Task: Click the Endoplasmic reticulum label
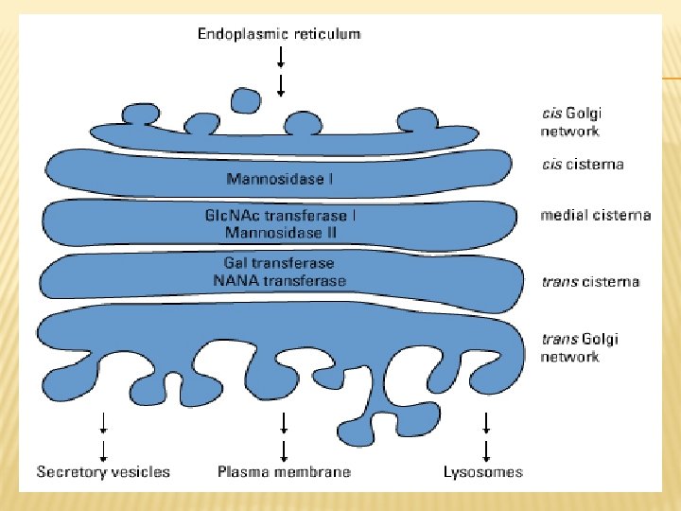pos(279,34)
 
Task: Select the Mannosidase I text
pos(281,177)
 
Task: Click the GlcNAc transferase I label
pos(280,215)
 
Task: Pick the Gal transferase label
pos(279,263)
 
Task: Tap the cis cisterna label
pos(582,165)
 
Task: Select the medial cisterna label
pos(595,216)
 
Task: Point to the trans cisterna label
pos(590,282)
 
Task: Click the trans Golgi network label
pos(579,347)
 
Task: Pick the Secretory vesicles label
pos(103,471)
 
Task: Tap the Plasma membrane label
pos(284,471)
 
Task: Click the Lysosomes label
pos(482,471)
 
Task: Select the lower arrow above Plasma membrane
pos(284,449)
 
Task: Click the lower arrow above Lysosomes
pos(486,449)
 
